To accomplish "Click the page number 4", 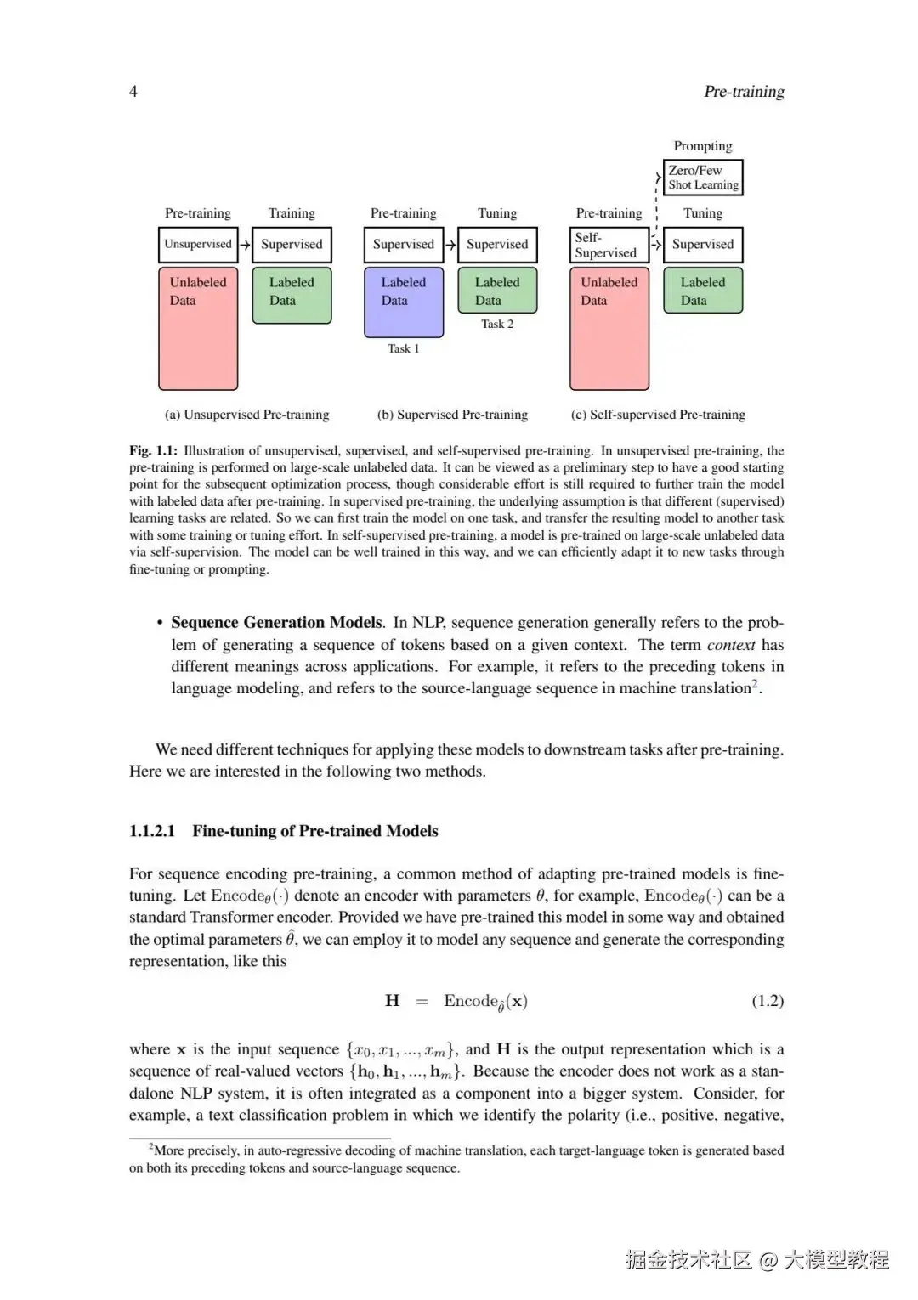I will pos(133,92).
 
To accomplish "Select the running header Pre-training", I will pos(744,92).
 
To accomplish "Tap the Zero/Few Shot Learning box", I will pos(703,178).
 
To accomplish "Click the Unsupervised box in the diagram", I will pos(198,245).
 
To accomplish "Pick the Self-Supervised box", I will pos(609,245).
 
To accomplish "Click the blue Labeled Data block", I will pos(404,302).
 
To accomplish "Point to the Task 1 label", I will pos(404,348).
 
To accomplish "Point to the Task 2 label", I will pos(497,324).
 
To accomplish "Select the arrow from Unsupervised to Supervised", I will pos(245,245).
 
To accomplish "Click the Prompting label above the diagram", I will pos(703,146).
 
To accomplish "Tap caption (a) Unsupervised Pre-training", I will pos(246,415).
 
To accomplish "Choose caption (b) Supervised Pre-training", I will pos(452,415).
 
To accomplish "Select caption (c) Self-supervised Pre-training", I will pos(658,415).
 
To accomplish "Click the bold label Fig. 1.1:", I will pos(153,450).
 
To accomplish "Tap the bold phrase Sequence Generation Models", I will pos(277,623).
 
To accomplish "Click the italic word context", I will pos(731,645).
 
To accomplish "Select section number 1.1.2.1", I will pos(152,831).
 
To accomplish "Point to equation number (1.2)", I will pos(768,1001).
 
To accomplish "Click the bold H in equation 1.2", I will pos(393,1001).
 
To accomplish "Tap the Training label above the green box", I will pos(292,213).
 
